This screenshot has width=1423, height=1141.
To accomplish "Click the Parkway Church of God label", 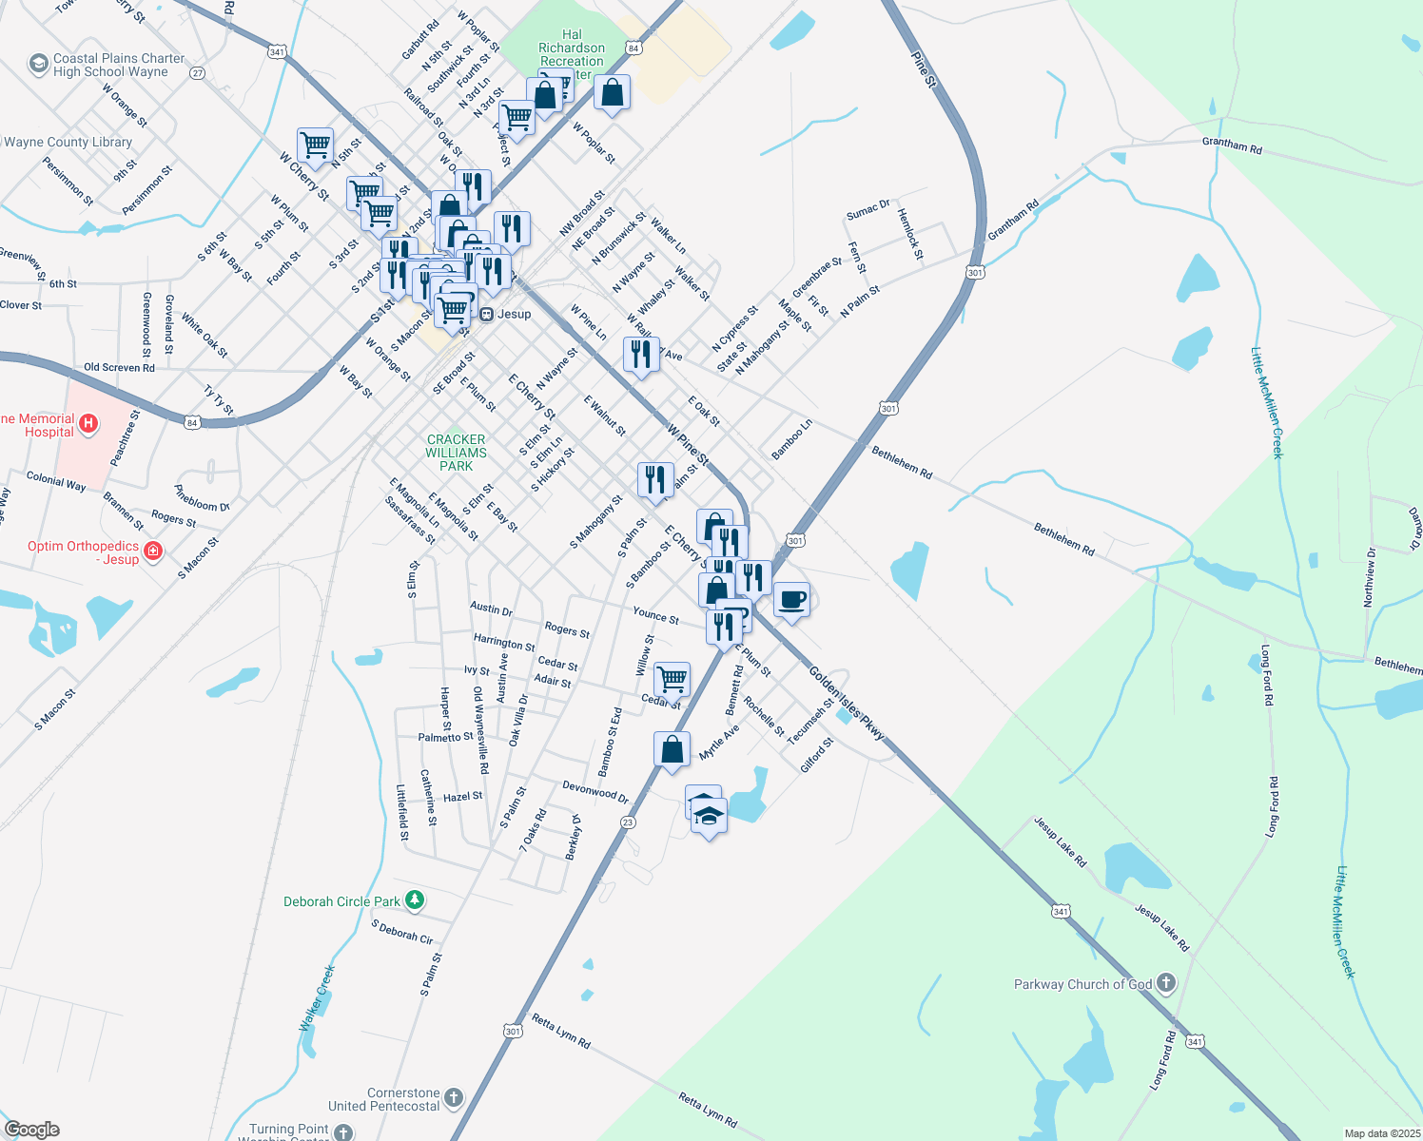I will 1082,984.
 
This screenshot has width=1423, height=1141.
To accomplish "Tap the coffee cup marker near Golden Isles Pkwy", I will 791,600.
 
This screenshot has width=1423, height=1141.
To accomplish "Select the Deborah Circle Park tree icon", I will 414,899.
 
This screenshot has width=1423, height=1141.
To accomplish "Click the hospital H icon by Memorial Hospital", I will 88,423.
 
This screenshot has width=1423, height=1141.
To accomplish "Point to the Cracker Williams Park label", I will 457,453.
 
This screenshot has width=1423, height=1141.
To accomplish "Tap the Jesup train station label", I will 514,314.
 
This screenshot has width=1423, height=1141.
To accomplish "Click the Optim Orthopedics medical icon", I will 154,551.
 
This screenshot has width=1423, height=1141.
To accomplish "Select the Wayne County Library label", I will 68,142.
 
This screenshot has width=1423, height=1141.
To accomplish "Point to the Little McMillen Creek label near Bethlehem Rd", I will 1267,402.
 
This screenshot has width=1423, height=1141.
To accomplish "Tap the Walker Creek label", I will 318,997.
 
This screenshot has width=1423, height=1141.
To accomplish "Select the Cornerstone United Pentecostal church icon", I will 454,1098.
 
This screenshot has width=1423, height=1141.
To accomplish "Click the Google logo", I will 31,1129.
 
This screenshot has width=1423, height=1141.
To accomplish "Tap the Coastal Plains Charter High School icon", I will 39,64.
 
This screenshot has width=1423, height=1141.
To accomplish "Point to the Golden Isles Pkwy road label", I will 847,704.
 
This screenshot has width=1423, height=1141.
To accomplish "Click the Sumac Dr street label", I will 867,209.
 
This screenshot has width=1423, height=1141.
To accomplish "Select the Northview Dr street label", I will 1371,578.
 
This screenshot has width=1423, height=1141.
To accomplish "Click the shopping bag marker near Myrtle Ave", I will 673,750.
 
